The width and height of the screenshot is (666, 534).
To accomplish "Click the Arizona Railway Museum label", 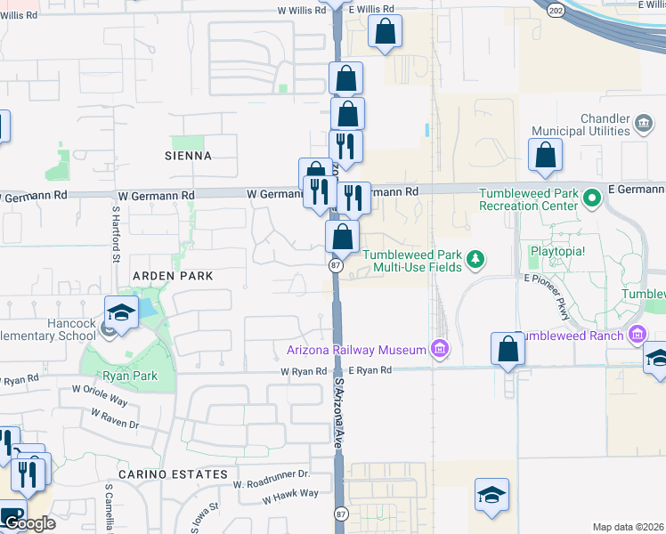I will point(356,350).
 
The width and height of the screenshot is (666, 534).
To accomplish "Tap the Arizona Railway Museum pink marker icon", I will point(439,350).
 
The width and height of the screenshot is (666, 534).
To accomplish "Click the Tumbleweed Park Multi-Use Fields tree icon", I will point(477,259).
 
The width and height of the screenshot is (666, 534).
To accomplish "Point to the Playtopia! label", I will point(557,251).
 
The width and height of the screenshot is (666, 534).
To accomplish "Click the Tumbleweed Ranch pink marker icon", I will point(637,335).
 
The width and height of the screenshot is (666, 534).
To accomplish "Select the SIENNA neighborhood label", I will point(188,156).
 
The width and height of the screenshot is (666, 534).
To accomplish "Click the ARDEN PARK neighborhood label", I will point(173,276).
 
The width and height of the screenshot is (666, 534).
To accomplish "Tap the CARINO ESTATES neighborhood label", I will point(173,474).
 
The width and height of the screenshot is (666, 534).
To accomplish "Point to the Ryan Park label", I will point(131,376).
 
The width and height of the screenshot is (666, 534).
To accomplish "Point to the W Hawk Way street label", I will point(289,494).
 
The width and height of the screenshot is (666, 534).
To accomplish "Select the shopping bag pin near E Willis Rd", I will point(385,33).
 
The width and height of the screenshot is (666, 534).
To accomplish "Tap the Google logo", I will point(29,523).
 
